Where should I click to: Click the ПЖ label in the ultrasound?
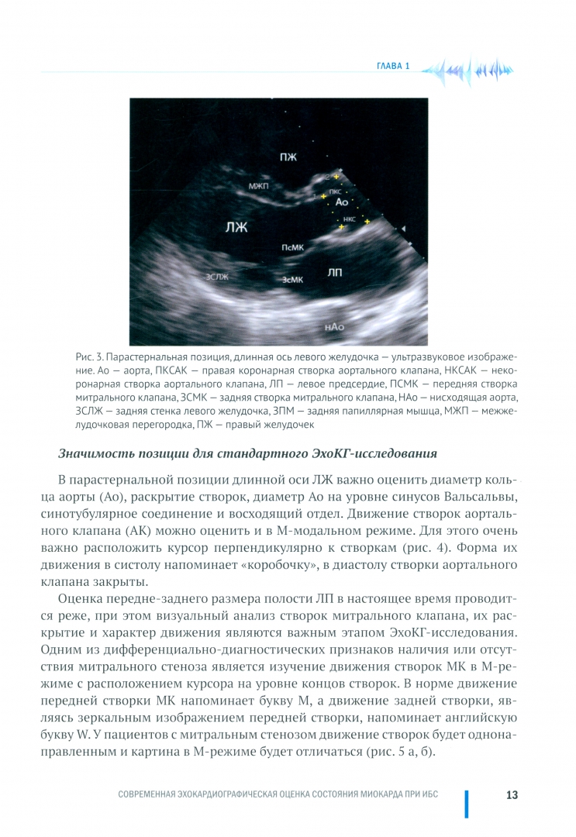[x=288, y=157]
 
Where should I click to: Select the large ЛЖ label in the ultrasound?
[x=236, y=227]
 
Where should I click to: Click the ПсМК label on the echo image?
[x=291, y=246]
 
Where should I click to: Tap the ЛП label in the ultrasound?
[x=335, y=272]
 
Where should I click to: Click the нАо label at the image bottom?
[x=334, y=328]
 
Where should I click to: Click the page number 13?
[x=512, y=795]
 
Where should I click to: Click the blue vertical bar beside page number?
[x=466, y=804]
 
